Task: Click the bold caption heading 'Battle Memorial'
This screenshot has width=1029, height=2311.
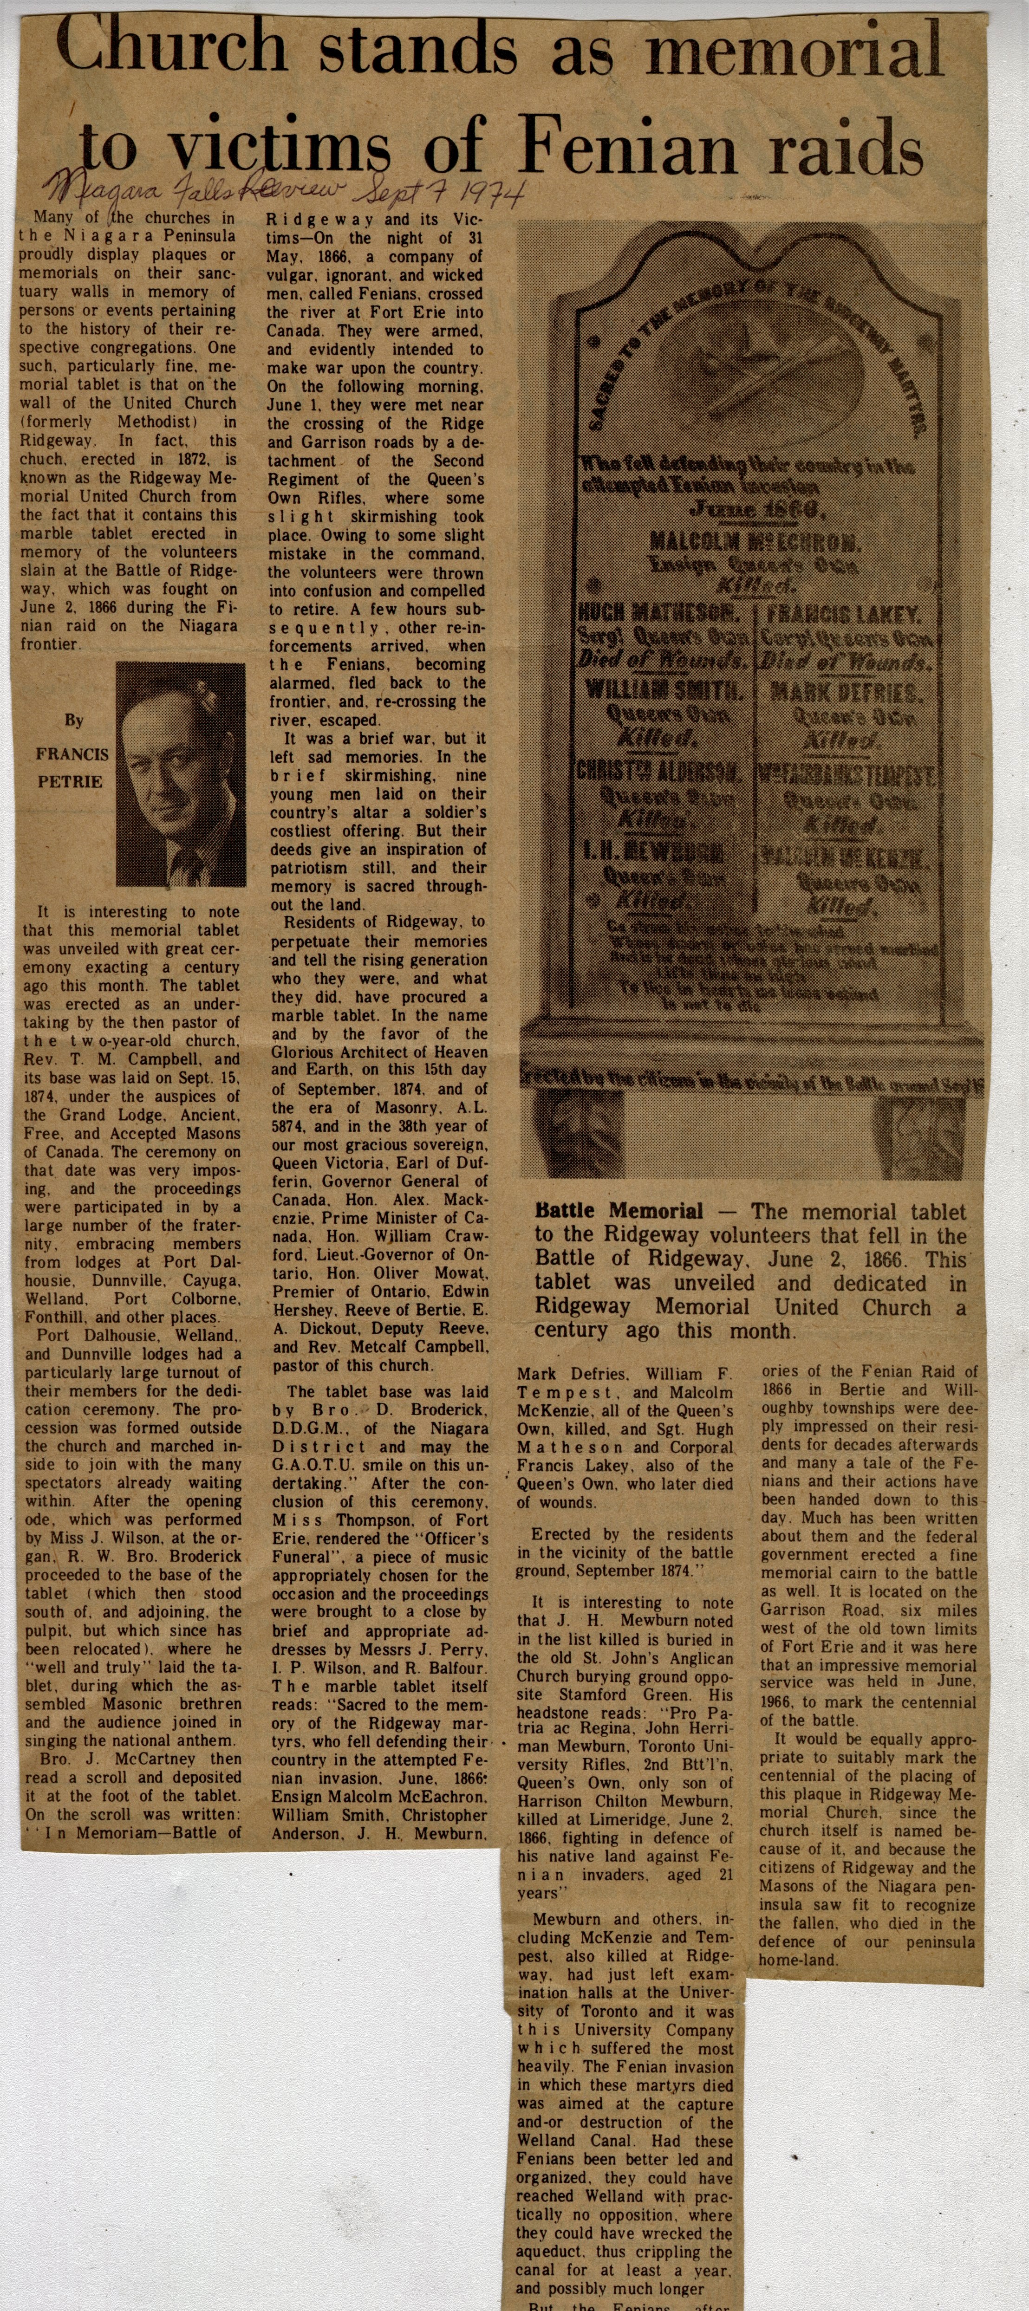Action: tap(619, 1211)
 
